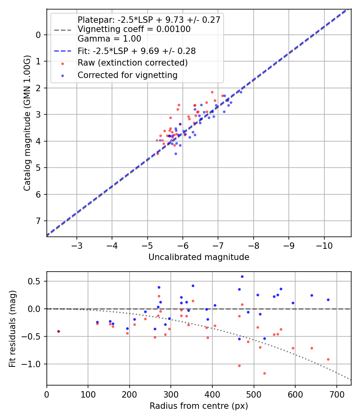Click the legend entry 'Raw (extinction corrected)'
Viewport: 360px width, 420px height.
132,63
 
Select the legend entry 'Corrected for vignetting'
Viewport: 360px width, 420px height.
127,75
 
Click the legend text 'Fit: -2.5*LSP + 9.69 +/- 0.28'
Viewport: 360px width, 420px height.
136,51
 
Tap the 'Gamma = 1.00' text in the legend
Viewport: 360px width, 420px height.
109,39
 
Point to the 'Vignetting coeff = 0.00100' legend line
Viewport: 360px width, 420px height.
134,29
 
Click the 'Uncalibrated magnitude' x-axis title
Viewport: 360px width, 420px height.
199,257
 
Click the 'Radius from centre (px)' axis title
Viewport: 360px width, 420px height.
199,406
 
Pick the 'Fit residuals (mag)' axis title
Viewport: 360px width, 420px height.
12,328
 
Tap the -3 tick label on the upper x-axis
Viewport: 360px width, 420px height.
77,245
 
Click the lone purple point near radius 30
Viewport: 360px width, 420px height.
58,331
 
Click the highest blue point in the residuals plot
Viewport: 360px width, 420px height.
242,276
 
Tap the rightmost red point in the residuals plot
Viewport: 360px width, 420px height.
328,359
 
